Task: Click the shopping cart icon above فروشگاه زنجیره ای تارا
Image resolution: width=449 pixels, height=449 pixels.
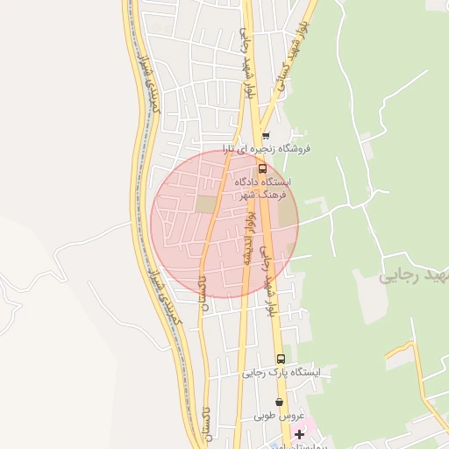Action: tap(266, 136)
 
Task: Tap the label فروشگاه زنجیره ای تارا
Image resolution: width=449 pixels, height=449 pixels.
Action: tap(266, 148)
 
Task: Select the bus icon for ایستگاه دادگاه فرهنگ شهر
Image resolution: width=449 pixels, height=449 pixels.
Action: tap(262, 168)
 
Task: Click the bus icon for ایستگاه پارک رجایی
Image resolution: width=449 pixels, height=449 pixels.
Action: tap(281, 359)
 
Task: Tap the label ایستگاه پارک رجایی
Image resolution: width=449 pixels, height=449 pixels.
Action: tap(282, 372)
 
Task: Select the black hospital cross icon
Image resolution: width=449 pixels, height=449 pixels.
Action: tap(300, 434)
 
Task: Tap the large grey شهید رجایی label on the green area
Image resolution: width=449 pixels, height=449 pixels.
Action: tap(412, 276)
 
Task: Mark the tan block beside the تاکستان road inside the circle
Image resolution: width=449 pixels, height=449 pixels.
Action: tap(205, 204)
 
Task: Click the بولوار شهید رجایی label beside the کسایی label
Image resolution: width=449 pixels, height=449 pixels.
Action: tap(248, 61)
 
